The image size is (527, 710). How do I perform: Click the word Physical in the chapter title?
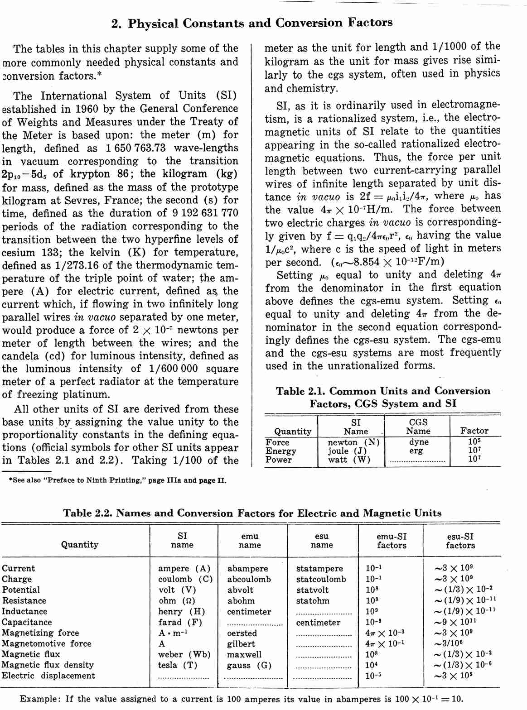(153, 24)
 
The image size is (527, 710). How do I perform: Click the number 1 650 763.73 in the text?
(135, 149)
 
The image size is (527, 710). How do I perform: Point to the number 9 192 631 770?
(205, 213)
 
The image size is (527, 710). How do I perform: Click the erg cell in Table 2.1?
(416, 451)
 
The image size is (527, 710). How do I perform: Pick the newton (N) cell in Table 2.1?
(353, 442)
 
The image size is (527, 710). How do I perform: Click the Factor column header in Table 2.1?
(474, 431)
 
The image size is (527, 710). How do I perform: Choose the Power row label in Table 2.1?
(279, 460)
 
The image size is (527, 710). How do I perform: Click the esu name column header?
(322, 541)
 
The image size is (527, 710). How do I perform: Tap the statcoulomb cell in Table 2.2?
(321, 579)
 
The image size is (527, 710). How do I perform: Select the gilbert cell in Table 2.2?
(241, 644)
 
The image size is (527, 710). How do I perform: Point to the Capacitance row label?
(27, 623)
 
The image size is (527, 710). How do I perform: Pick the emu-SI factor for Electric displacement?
(373, 676)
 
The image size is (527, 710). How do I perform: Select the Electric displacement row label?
(48, 676)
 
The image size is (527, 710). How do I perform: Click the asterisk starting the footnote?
(10, 480)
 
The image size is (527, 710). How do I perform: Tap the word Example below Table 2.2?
(40, 699)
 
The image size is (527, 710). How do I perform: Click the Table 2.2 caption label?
(87, 513)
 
